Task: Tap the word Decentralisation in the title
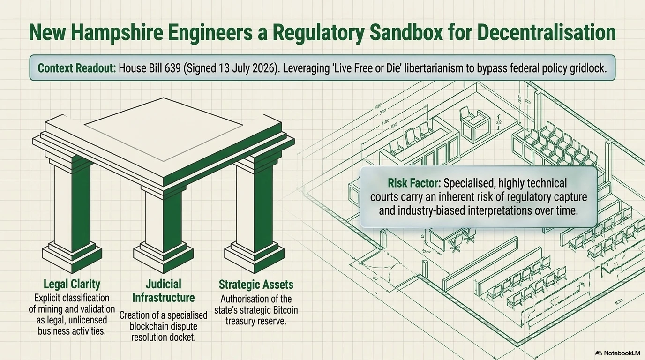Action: tap(546, 33)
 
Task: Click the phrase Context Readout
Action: tap(77, 68)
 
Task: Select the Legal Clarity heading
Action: tap(72, 284)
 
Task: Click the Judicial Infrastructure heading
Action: tap(163, 291)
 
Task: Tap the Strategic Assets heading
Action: tap(256, 284)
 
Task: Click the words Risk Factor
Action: tap(414, 183)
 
